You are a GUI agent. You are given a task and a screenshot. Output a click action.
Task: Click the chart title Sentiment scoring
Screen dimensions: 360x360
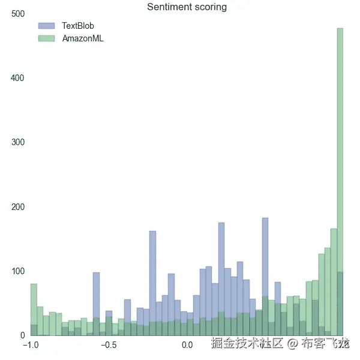tap(187, 7)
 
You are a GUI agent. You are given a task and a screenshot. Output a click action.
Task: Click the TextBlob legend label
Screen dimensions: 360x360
tap(78, 26)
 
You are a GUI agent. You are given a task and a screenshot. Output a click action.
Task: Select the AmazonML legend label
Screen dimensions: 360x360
tap(83, 38)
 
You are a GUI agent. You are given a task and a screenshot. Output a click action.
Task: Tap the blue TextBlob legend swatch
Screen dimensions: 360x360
tap(46, 26)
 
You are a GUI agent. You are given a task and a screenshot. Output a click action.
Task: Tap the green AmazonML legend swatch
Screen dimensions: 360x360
tap(46, 38)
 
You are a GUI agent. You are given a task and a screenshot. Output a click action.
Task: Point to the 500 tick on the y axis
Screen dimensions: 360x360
tap(18, 14)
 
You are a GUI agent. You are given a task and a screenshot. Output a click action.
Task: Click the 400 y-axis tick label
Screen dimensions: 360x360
tap(18, 78)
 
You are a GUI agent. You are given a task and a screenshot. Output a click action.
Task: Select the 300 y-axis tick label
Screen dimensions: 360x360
tap(18, 142)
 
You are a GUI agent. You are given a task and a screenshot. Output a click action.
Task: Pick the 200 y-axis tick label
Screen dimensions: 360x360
tap(18, 207)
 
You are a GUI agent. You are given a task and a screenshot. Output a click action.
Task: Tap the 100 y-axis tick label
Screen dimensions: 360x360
tap(18, 271)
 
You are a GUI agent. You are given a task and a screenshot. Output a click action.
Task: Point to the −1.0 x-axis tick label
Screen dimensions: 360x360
tap(32, 345)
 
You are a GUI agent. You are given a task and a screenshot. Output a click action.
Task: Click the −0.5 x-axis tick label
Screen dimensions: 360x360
tap(109, 345)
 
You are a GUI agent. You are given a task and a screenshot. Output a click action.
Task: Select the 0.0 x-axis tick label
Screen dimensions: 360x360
tap(187, 345)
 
